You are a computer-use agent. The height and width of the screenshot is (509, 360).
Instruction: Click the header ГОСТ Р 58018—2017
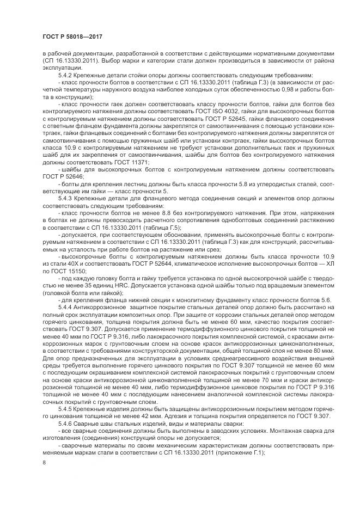pyautogui.click(x=72, y=36)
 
